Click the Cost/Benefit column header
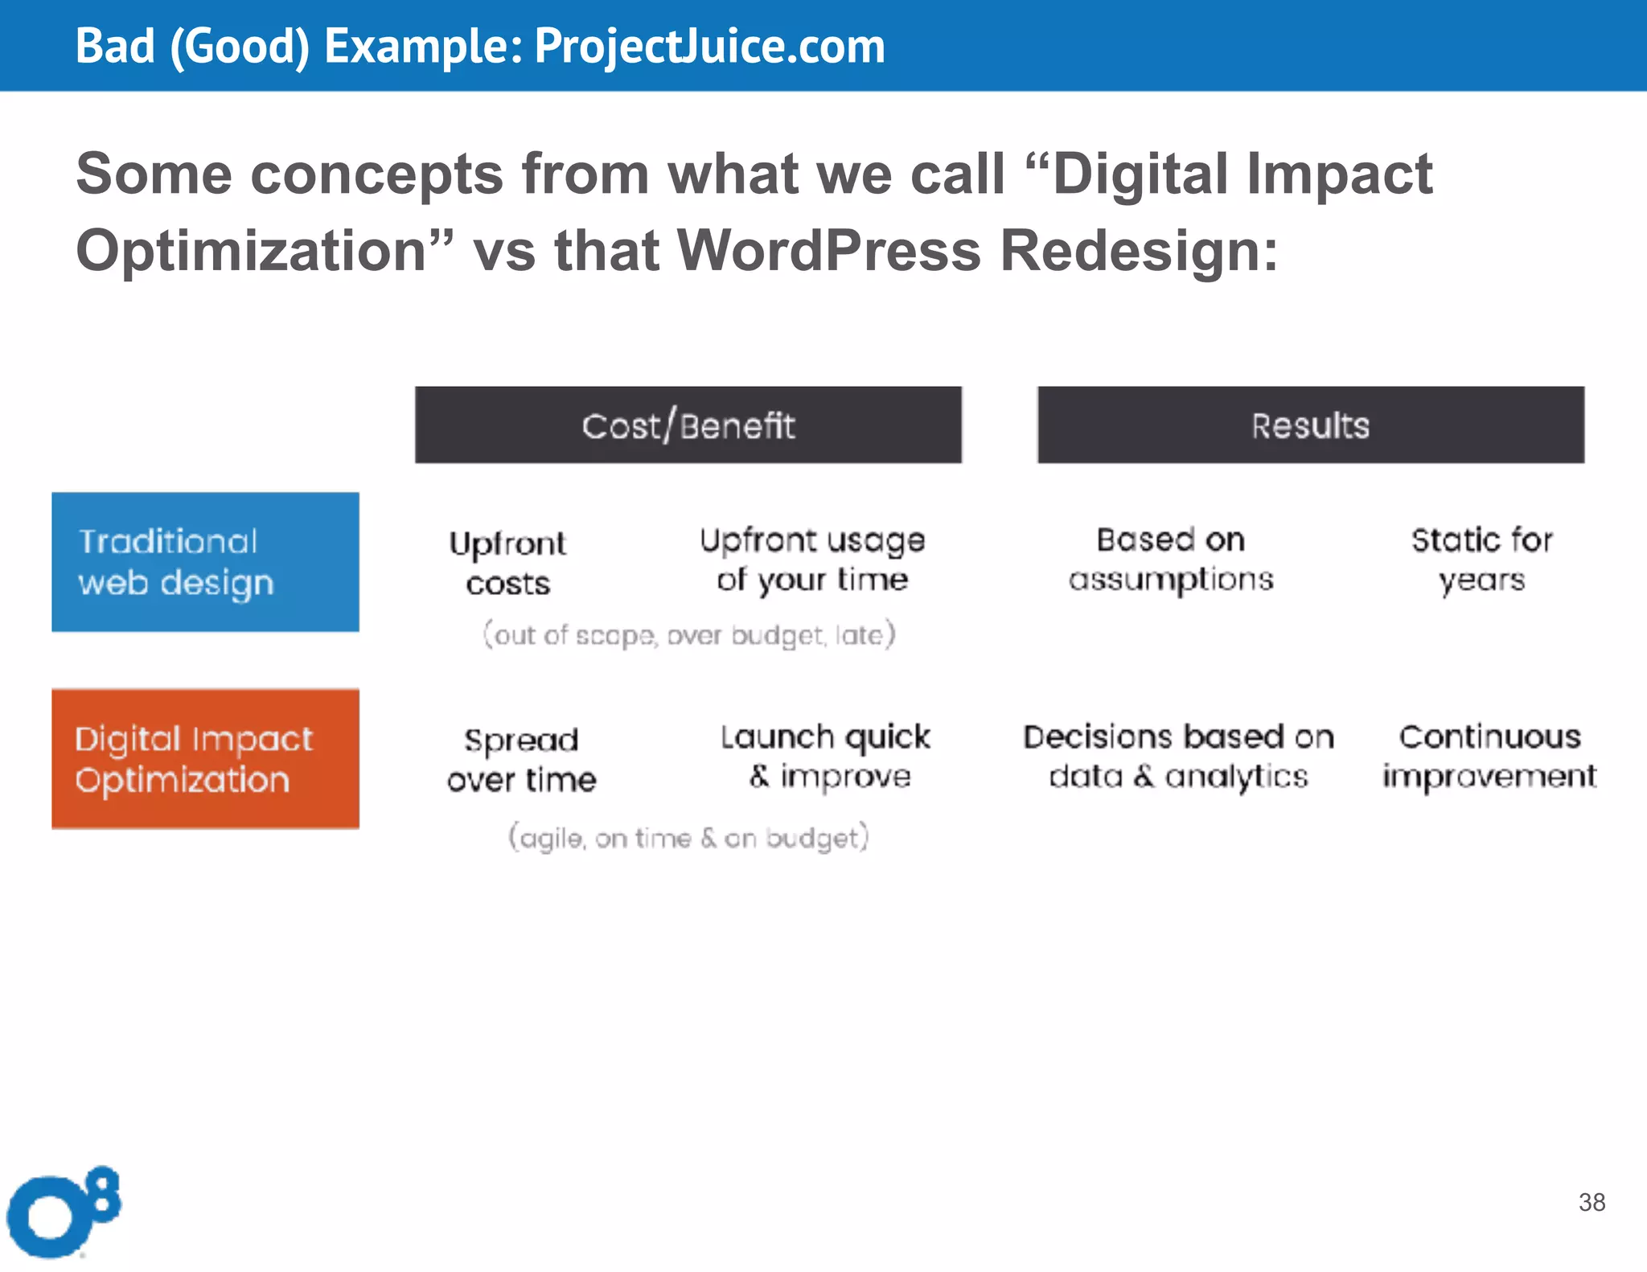point(688,425)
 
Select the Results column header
point(1310,425)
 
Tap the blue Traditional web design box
point(205,561)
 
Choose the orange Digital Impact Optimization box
point(205,758)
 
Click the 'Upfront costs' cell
point(507,562)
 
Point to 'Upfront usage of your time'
point(812,560)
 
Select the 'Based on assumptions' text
point(1171,559)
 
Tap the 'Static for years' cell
point(1481,559)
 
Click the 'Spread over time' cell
point(521,759)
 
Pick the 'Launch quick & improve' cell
point(826,756)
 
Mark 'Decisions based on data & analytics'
point(1178,756)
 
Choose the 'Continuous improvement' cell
point(1489,756)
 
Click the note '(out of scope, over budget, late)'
point(688,634)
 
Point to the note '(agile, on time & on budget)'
point(688,838)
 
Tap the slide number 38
point(1592,1202)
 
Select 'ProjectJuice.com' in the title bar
point(709,46)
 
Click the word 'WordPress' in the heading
point(829,250)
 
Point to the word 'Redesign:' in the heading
point(1139,250)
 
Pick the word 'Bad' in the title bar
point(114,46)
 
